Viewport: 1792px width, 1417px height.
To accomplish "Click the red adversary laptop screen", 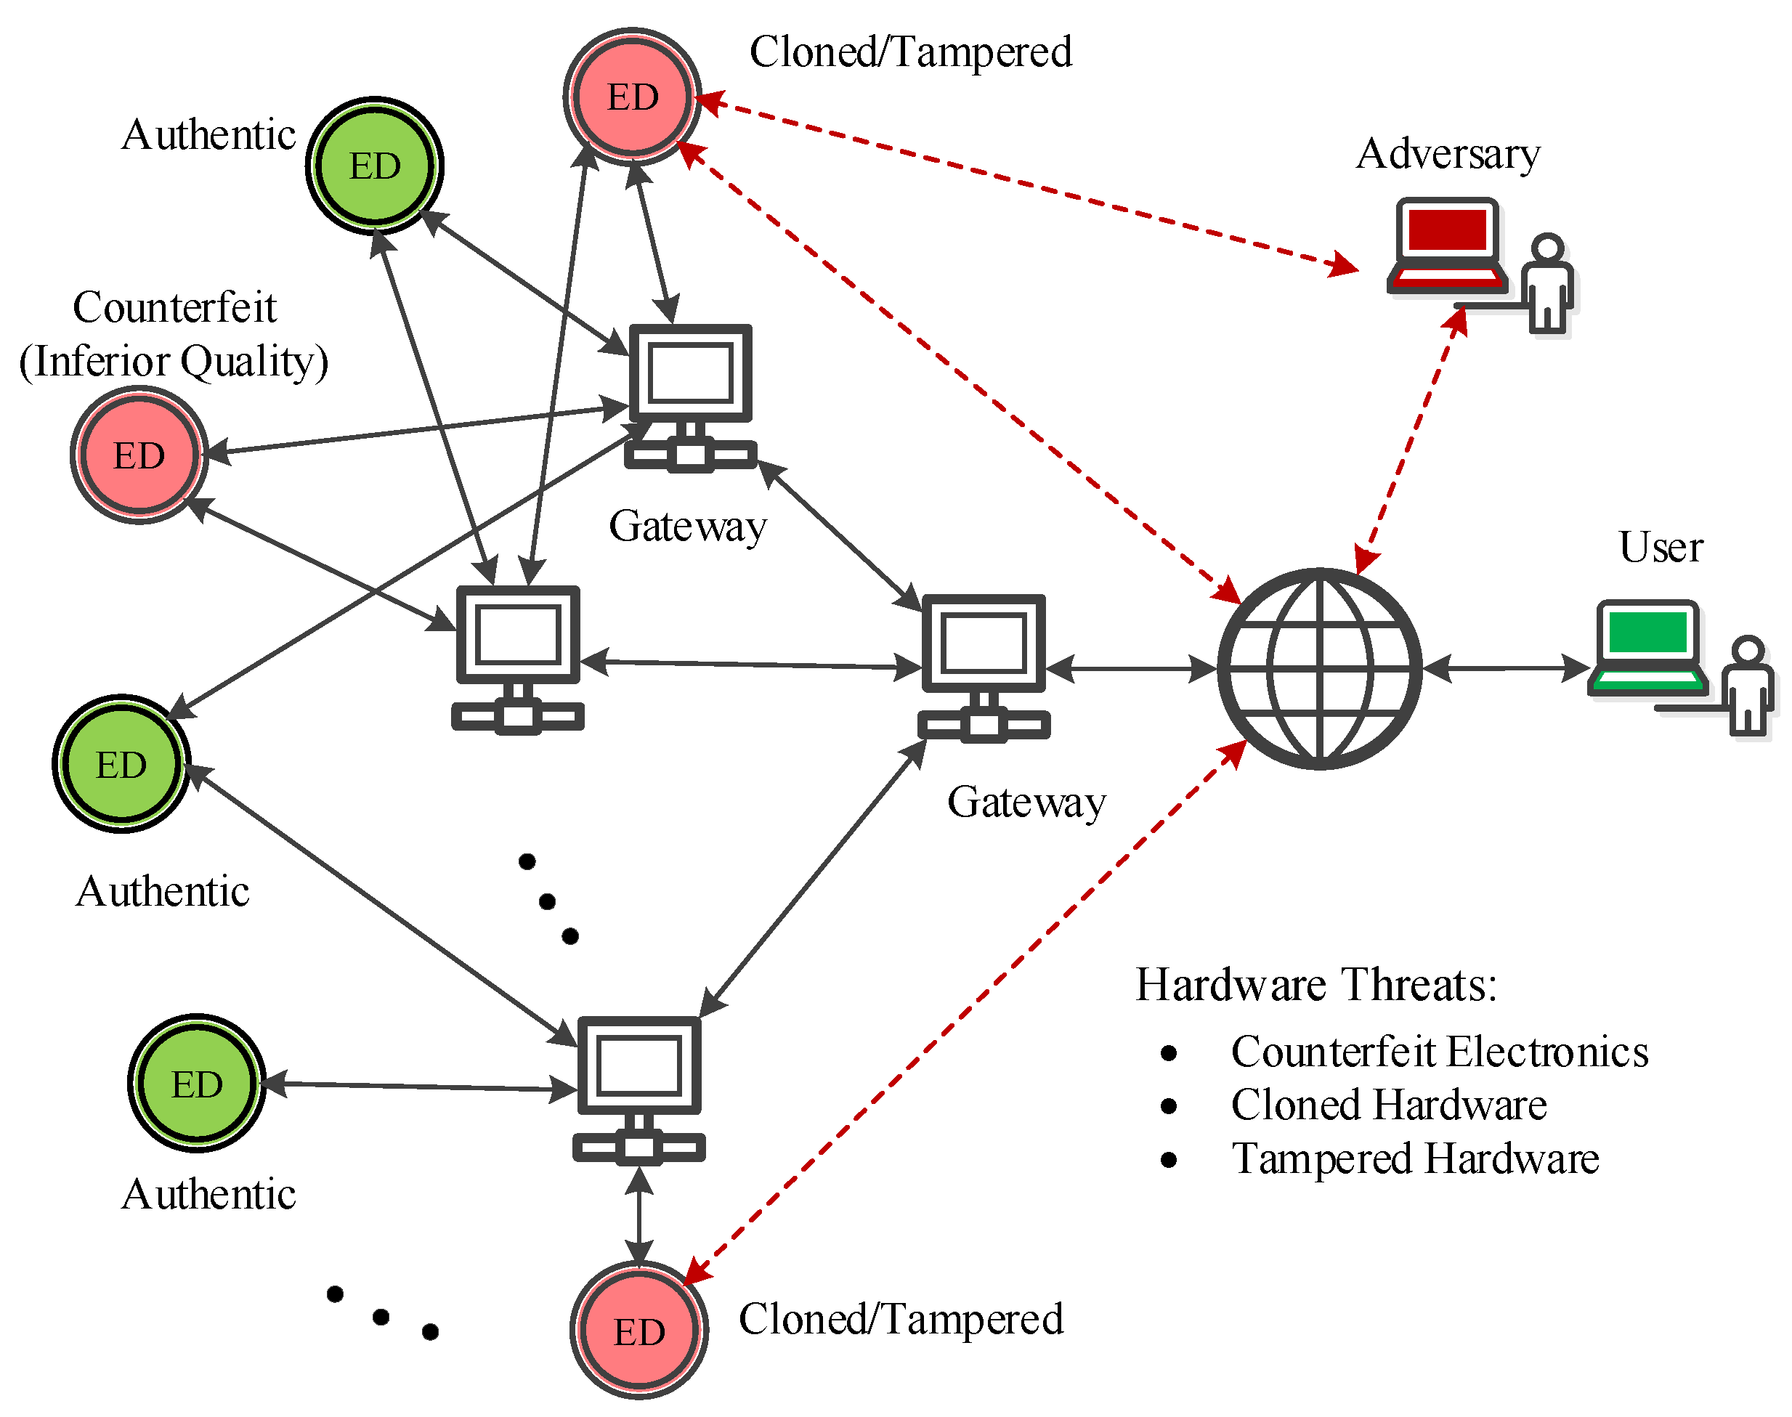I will [x=1447, y=230].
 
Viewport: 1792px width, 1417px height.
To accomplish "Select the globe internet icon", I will [x=1319, y=669].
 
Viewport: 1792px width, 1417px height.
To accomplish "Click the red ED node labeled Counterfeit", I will [x=139, y=455].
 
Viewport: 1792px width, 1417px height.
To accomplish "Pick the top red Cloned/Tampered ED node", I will [x=632, y=97].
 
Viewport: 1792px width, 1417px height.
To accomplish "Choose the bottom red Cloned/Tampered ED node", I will [x=638, y=1331].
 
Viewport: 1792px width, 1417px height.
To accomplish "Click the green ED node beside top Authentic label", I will [x=375, y=166].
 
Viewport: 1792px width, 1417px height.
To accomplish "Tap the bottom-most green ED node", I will [x=197, y=1084].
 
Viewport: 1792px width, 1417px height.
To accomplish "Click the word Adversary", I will [x=1448, y=154].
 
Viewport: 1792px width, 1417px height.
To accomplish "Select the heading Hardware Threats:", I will [x=1315, y=985].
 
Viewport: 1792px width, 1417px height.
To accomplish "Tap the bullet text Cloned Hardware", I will [x=1388, y=1105].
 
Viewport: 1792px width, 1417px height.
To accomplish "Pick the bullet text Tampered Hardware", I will [x=1414, y=1158].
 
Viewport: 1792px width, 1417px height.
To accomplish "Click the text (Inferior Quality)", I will [x=174, y=362].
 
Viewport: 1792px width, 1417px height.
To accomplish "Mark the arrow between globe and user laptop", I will [x=1507, y=668].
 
